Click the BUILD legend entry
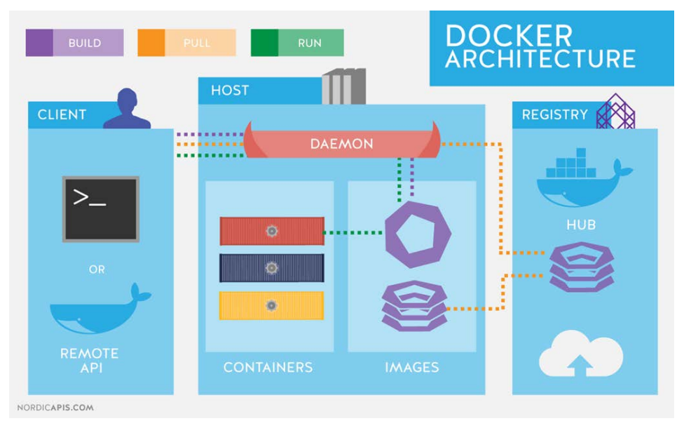[74, 43]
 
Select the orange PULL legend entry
[186, 43]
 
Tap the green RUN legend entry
[297, 43]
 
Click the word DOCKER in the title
[509, 36]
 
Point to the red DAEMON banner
[342, 145]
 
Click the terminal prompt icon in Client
[101, 208]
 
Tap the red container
[272, 231]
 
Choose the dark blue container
[272, 267]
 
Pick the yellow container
[272, 305]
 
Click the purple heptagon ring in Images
[413, 234]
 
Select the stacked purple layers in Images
[414, 305]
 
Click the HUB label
[582, 226]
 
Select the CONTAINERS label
[268, 367]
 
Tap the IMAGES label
[412, 367]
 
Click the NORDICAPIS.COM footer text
[55, 408]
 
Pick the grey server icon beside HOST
[344, 87]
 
